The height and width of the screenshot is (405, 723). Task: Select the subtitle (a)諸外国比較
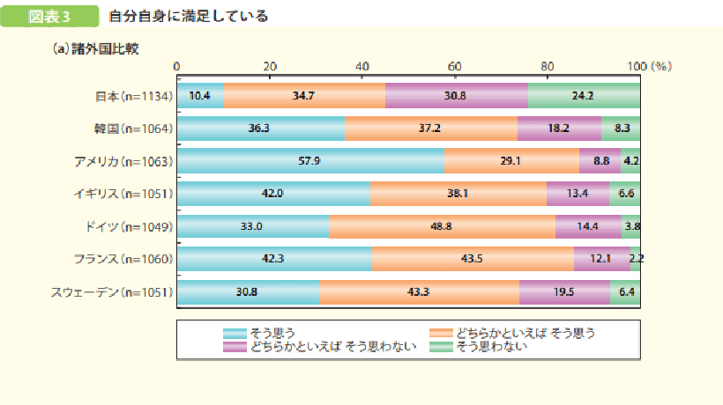point(94,48)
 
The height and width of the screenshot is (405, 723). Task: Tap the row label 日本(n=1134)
point(133,96)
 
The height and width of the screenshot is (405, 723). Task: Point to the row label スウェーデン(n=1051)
point(121,291)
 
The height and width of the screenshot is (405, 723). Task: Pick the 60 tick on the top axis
point(455,67)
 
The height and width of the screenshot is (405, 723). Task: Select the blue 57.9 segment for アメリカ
point(310,161)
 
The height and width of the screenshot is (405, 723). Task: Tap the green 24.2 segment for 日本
point(584,96)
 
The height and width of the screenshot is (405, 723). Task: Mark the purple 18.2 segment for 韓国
point(559,129)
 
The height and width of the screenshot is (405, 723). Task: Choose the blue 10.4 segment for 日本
point(200,96)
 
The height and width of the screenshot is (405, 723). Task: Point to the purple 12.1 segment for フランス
point(601,258)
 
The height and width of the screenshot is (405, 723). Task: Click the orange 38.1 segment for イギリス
point(458,194)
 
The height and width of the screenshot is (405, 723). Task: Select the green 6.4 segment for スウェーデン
point(625,291)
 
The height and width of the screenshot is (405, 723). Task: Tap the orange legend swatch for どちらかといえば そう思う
point(441,333)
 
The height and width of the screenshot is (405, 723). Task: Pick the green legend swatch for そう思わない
point(441,346)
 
